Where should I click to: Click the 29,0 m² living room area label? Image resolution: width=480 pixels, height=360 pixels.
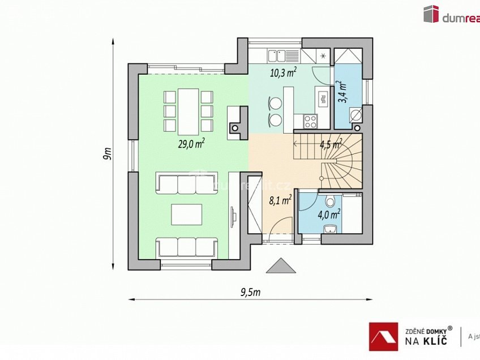(x=191, y=144)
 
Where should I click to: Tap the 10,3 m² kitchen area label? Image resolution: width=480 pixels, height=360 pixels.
(x=284, y=72)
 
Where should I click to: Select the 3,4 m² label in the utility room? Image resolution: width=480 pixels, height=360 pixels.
(x=343, y=91)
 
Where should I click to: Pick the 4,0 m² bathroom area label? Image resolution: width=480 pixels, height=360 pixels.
(x=329, y=214)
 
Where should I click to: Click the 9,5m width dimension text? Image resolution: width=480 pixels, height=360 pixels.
(x=249, y=292)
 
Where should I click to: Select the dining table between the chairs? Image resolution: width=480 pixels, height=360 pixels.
(x=188, y=110)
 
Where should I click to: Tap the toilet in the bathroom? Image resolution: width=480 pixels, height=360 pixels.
(x=331, y=202)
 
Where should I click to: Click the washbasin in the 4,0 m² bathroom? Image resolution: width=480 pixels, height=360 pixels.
(x=330, y=228)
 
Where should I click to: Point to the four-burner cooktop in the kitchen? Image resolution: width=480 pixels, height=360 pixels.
(x=310, y=120)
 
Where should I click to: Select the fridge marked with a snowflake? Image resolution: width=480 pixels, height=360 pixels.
(x=323, y=55)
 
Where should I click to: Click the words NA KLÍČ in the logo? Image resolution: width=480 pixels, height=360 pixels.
(x=426, y=341)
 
